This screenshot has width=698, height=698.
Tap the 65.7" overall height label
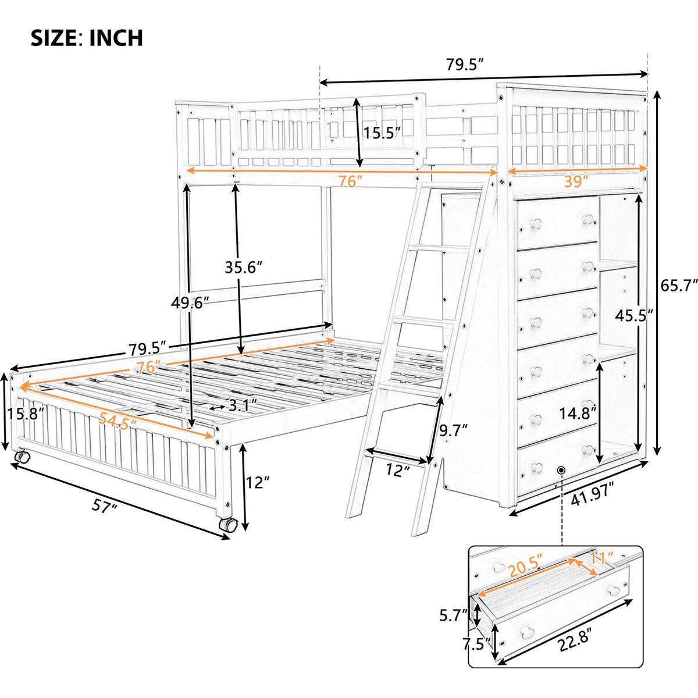678,285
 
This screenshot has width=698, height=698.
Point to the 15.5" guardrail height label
382,132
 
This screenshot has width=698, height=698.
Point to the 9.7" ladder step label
453,431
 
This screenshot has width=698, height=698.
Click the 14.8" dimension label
578,413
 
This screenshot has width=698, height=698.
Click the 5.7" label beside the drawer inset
454,614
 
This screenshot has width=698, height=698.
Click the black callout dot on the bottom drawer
561,470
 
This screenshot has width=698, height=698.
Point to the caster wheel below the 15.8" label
22,457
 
